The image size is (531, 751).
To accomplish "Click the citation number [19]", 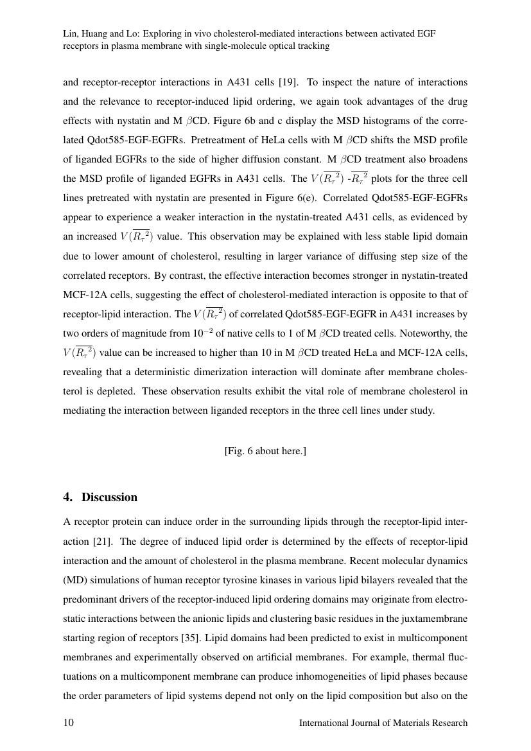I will tap(286, 82).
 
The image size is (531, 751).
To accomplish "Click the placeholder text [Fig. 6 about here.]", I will tap(265, 451).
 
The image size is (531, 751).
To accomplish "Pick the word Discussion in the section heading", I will tap(109, 497).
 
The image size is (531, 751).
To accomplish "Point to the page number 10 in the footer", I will tap(68, 723).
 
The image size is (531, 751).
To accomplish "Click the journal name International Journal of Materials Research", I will tap(383, 723).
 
